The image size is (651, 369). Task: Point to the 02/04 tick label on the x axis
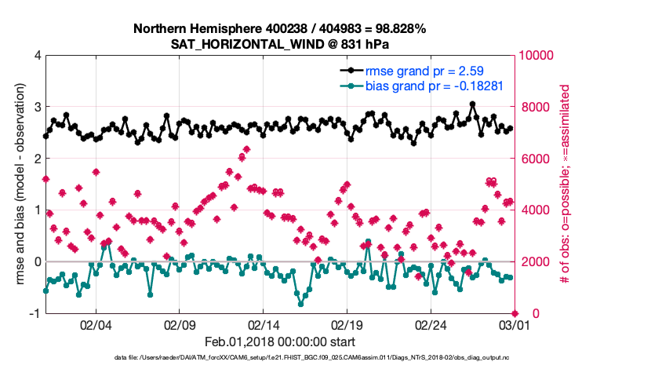[x=95, y=324]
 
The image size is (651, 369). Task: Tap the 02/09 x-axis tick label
[x=179, y=324]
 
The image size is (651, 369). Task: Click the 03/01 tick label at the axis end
[x=514, y=324]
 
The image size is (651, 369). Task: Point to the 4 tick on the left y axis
[x=38, y=56]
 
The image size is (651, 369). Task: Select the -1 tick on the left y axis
[x=35, y=313]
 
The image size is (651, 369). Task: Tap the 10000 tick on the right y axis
[x=536, y=56]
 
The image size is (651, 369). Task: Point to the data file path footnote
[x=312, y=358]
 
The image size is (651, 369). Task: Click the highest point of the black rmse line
[x=472, y=104]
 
